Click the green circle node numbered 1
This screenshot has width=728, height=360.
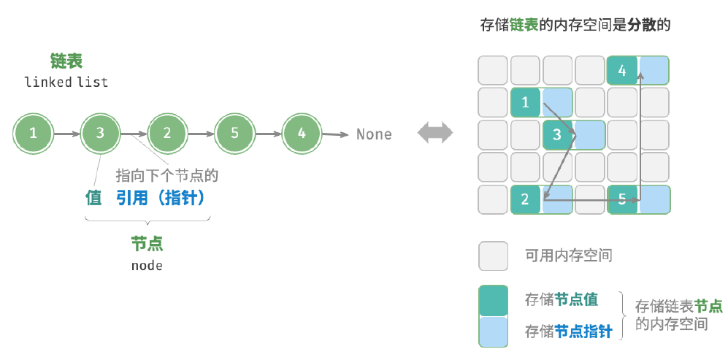(x=33, y=134)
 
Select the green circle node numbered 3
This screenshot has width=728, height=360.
(x=100, y=134)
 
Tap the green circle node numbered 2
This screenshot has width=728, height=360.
(x=167, y=134)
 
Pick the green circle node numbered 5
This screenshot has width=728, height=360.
(x=234, y=134)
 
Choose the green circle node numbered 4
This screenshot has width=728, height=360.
(x=302, y=134)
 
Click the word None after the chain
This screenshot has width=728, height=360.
(x=374, y=134)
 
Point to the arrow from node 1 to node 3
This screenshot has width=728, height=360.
(x=67, y=134)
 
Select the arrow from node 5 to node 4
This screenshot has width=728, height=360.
(x=269, y=134)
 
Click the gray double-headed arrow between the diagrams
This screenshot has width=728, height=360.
(x=435, y=133)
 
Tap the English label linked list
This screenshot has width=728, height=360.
(x=66, y=83)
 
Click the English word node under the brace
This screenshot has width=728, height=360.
(x=147, y=266)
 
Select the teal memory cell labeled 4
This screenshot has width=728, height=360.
(x=622, y=71)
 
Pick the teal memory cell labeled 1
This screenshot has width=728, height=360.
(x=526, y=102)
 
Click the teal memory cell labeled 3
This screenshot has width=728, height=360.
(x=558, y=134)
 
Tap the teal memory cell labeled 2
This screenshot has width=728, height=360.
(x=526, y=200)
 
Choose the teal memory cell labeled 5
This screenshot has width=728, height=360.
(x=622, y=200)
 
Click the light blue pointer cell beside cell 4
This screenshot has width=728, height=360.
(x=654, y=71)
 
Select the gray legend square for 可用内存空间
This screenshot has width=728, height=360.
(x=493, y=256)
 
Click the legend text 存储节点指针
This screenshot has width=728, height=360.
(x=569, y=332)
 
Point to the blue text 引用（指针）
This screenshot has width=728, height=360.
(x=160, y=199)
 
